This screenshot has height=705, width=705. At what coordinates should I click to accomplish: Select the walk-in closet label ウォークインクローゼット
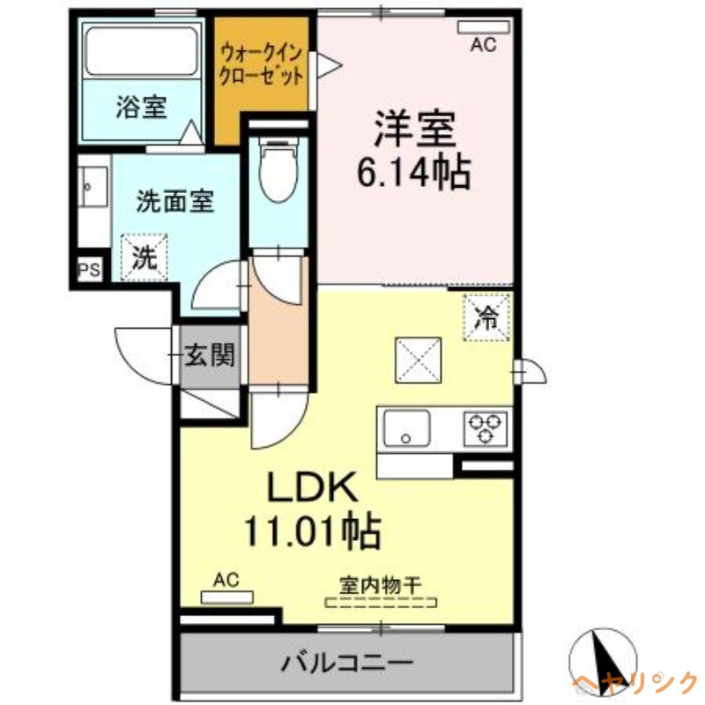pyautogui.click(x=263, y=63)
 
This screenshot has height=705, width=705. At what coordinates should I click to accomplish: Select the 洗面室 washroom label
pyautogui.click(x=175, y=203)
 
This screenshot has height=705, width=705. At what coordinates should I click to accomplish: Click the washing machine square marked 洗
pyautogui.click(x=144, y=256)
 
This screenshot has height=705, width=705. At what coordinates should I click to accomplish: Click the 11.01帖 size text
pyautogui.click(x=313, y=531)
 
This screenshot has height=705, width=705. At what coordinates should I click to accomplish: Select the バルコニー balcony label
pyautogui.click(x=347, y=662)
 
